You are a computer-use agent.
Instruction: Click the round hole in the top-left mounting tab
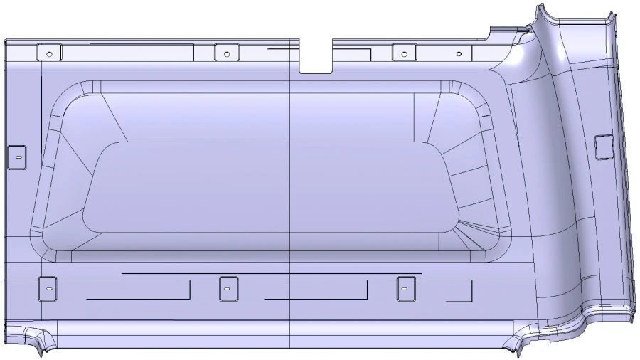point(48,53)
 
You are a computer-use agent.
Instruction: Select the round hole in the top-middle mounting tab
point(226,53)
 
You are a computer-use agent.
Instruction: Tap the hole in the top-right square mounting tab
point(404,53)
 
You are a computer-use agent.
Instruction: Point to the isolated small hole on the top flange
point(459,54)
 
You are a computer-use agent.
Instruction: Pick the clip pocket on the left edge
point(16,157)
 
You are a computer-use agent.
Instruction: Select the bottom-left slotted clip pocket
point(47,288)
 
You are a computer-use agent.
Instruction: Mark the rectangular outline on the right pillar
point(603,147)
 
